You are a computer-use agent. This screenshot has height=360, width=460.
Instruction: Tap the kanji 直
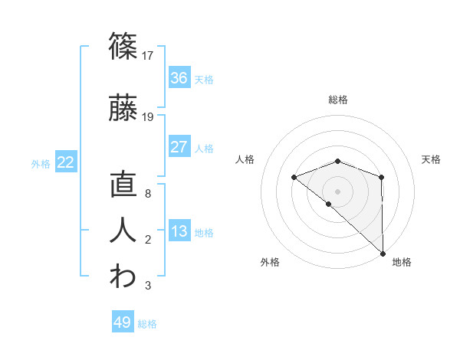(x=123, y=187)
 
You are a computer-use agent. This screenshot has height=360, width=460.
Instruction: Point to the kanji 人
(x=123, y=231)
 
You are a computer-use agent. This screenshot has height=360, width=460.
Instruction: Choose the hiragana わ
(x=123, y=277)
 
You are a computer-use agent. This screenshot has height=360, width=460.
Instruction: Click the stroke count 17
(x=148, y=55)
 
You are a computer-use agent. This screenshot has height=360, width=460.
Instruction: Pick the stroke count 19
(x=148, y=117)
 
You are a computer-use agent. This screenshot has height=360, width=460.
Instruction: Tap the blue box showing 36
(x=179, y=78)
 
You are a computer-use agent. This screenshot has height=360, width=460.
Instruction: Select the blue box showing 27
(x=179, y=147)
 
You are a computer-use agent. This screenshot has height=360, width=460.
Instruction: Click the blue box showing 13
(x=179, y=231)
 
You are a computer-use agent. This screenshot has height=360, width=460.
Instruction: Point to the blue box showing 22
(x=66, y=162)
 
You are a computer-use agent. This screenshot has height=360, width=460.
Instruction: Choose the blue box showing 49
(x=122, y=322)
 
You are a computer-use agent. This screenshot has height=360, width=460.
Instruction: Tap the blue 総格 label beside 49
(x=147, y=324)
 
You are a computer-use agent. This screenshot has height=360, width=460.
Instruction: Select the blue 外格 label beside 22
(x=41, y=164)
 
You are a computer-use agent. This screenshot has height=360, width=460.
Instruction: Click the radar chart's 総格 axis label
(x=337, y=100)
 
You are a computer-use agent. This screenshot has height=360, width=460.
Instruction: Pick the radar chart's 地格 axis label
(x=402, y=262)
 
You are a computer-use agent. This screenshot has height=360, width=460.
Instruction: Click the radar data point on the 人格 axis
(x=294, y=178)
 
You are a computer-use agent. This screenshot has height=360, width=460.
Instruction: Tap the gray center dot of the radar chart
(x=337, y=191)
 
